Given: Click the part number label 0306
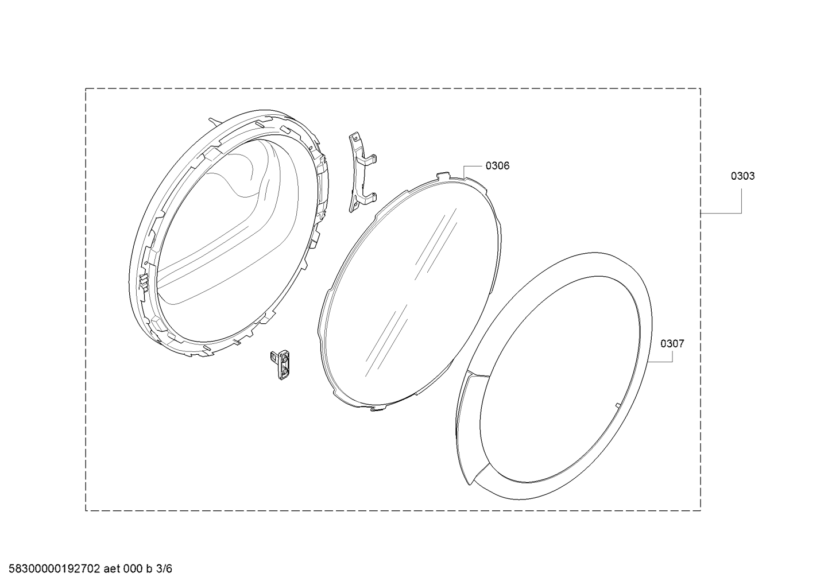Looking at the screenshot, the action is (x=497, y=166).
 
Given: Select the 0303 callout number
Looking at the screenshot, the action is (x=742, y=176).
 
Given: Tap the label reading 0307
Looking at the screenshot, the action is (x=672, y=344).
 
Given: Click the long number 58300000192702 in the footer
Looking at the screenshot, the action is (x=55, y=569).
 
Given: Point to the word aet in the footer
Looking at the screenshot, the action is (x=112, y=569).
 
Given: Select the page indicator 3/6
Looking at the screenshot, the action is (x=164, y=569).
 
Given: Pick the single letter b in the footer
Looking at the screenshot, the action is (x=149, y=569).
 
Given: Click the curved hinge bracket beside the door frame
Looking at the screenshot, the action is (x=362, y=173).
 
